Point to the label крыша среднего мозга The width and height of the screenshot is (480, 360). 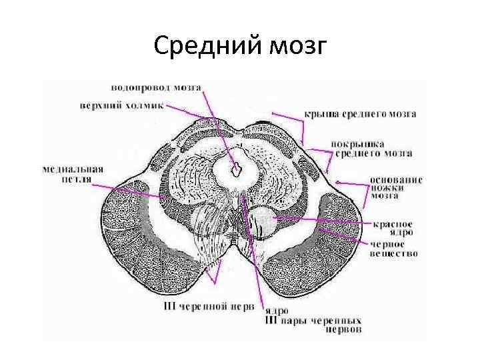pyautogui.click(x=361, y=114)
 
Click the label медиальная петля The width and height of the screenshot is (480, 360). pyautogui.click(x=72, y=174)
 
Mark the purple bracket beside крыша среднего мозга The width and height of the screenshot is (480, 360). pyautogui.click(x=296, y=127)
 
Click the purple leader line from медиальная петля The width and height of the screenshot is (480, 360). pyautogui.click(x=133, y=192)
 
